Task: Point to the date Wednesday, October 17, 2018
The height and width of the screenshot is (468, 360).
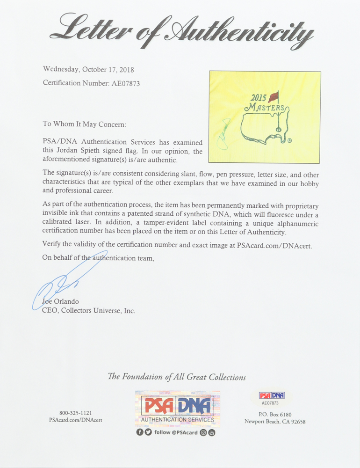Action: (x=88, y=70)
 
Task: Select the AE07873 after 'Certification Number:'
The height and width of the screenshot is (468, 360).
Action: (x=125, y=83)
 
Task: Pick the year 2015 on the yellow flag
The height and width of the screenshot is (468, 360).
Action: (x=258, y=98)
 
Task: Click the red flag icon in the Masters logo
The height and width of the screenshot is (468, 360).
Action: (x=273, y=97)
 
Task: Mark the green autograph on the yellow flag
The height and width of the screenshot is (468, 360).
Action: (x=224, y=135)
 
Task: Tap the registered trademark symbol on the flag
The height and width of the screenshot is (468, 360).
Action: (x=289, y=140)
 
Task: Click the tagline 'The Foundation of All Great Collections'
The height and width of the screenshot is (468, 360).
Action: (x=177, y=377)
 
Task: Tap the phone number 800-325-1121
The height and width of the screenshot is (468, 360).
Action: (x=76, y=413)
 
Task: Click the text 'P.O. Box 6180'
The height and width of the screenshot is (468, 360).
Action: (x=275, y=414)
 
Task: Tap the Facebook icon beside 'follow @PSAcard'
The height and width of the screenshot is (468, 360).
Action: (x=139, y=432)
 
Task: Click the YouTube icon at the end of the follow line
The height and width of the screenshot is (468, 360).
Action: (x=211, y=432)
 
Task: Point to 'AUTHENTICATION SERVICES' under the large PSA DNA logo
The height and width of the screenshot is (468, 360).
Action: (x=177, y=419)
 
